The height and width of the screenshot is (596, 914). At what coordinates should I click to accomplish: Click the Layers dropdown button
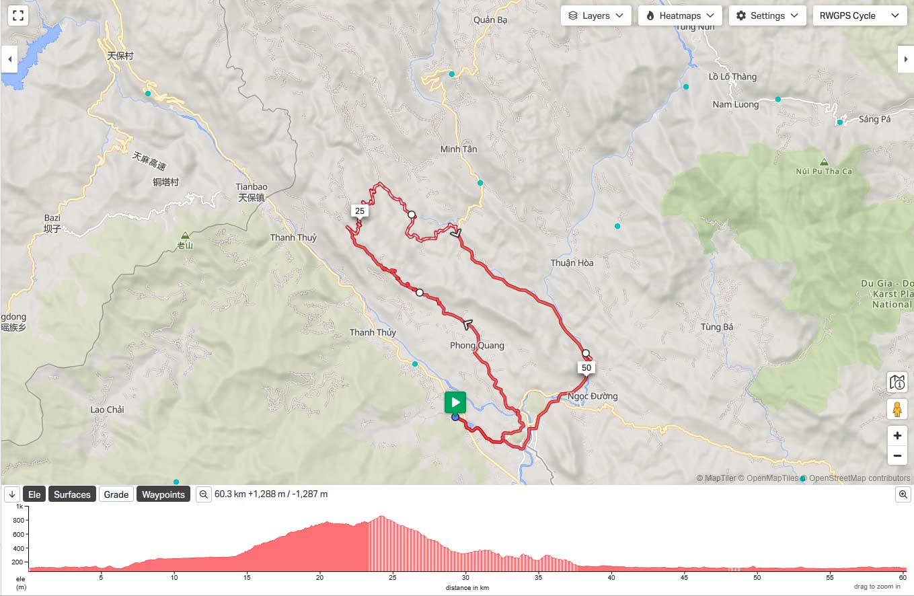[596, 15]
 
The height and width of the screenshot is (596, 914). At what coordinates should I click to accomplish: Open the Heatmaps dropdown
[680, 15]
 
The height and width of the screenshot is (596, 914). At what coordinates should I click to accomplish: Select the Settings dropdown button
[767, 15]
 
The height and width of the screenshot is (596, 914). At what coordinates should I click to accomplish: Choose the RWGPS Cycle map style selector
[860, 15]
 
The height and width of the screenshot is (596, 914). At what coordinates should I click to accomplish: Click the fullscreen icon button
[18, 15]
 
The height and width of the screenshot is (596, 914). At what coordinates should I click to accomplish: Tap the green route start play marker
[455, 403]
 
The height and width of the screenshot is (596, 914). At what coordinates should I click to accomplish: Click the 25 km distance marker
[360, 211]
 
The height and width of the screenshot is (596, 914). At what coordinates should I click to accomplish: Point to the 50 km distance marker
[586, 368]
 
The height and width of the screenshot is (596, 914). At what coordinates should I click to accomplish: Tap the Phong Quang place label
[477, 346]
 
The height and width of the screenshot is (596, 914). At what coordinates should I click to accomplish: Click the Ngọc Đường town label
[593, 396]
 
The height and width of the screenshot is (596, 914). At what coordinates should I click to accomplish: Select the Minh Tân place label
[459, 149]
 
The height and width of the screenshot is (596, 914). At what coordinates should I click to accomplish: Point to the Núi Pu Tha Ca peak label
[824, 171]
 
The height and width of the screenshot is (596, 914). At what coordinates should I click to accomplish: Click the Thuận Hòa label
[572, 263]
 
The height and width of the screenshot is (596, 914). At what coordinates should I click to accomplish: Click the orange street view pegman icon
[897, 409]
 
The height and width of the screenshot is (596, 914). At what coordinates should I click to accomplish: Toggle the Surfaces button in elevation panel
[72, 494]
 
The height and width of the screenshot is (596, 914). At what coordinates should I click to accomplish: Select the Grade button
[116, 494]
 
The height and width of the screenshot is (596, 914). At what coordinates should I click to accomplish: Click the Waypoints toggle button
[163, 494]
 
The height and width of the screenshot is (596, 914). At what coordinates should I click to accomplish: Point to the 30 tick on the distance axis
[465, 577]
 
